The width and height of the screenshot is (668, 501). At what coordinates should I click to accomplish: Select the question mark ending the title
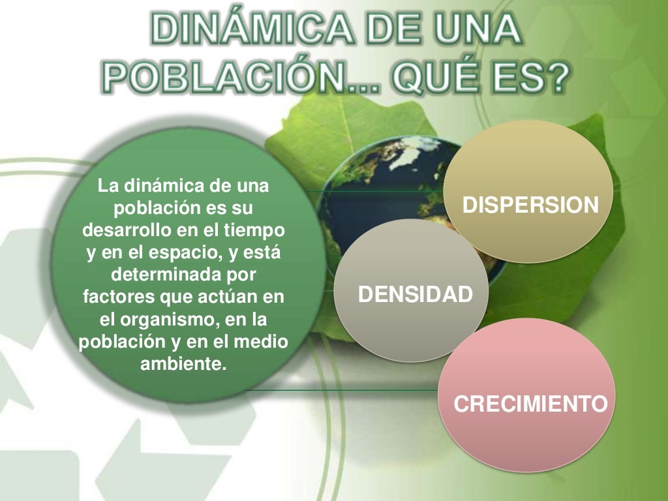pos(555,81)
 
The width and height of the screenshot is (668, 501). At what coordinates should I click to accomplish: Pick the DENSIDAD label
pos(415,295)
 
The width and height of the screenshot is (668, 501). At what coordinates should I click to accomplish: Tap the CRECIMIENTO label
pos(530,403)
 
